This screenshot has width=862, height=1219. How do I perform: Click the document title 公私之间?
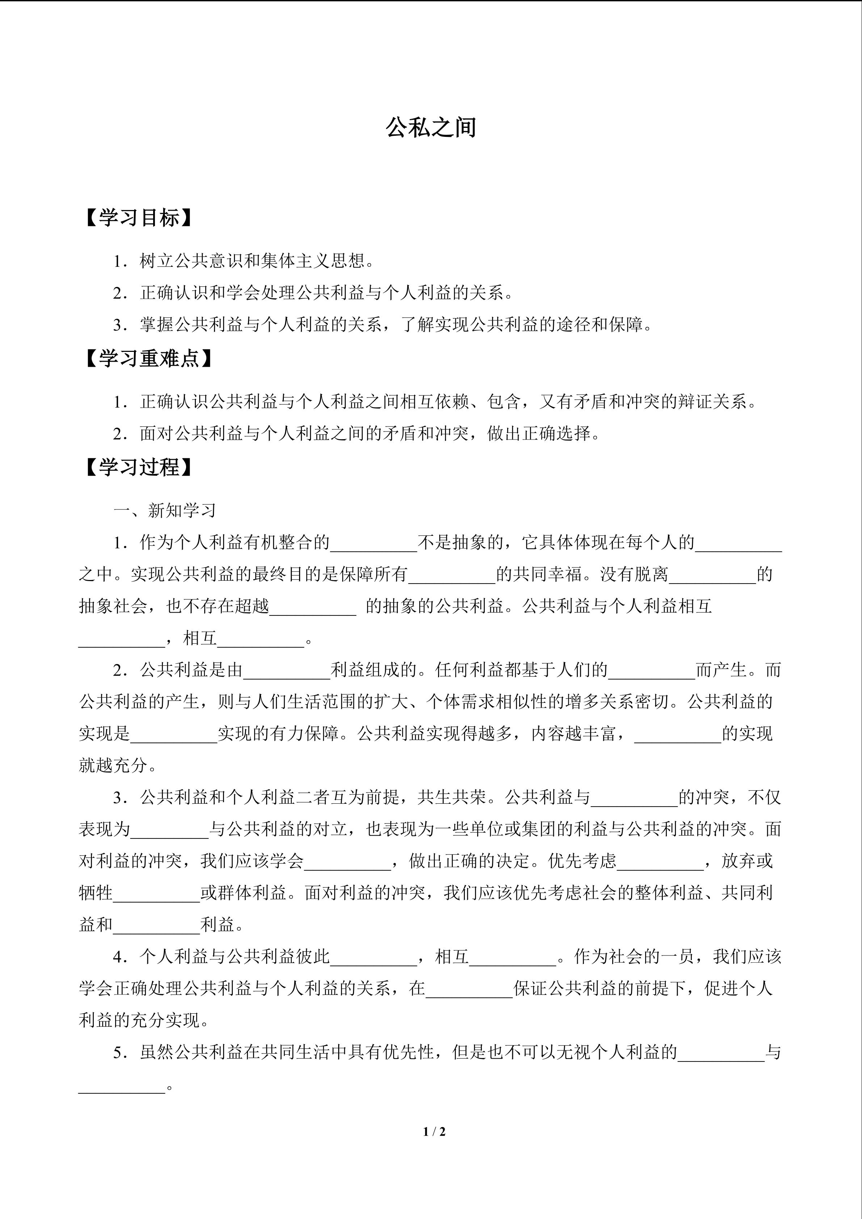430,128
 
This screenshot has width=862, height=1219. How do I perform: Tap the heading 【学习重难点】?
149,359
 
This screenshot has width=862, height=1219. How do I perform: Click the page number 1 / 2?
434,1132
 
